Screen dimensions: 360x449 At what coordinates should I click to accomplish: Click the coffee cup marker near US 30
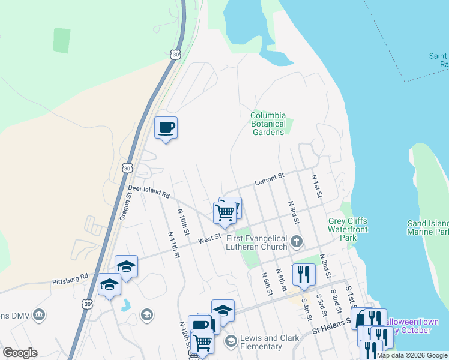point(166,128)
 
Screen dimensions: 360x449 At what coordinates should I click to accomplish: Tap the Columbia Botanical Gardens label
point(268,124)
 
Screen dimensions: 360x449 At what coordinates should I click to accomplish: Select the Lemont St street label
point(268,178)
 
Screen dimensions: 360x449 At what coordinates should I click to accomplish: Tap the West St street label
point(206,239)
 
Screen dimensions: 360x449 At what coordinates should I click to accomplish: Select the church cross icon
point(295,242)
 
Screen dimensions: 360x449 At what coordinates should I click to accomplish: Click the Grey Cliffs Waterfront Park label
point(348,229)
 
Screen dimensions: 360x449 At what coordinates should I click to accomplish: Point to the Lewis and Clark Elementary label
point(269,342)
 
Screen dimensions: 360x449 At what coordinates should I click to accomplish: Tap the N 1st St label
point(317,186)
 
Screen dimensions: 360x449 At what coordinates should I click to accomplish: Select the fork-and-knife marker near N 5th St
point(304,274)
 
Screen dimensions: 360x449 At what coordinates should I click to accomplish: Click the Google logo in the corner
point(20,353)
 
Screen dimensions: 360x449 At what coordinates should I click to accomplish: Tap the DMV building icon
point(39,314)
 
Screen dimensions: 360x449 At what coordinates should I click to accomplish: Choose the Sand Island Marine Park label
point(427,227)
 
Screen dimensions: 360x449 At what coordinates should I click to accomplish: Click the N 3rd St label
point(294,212)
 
